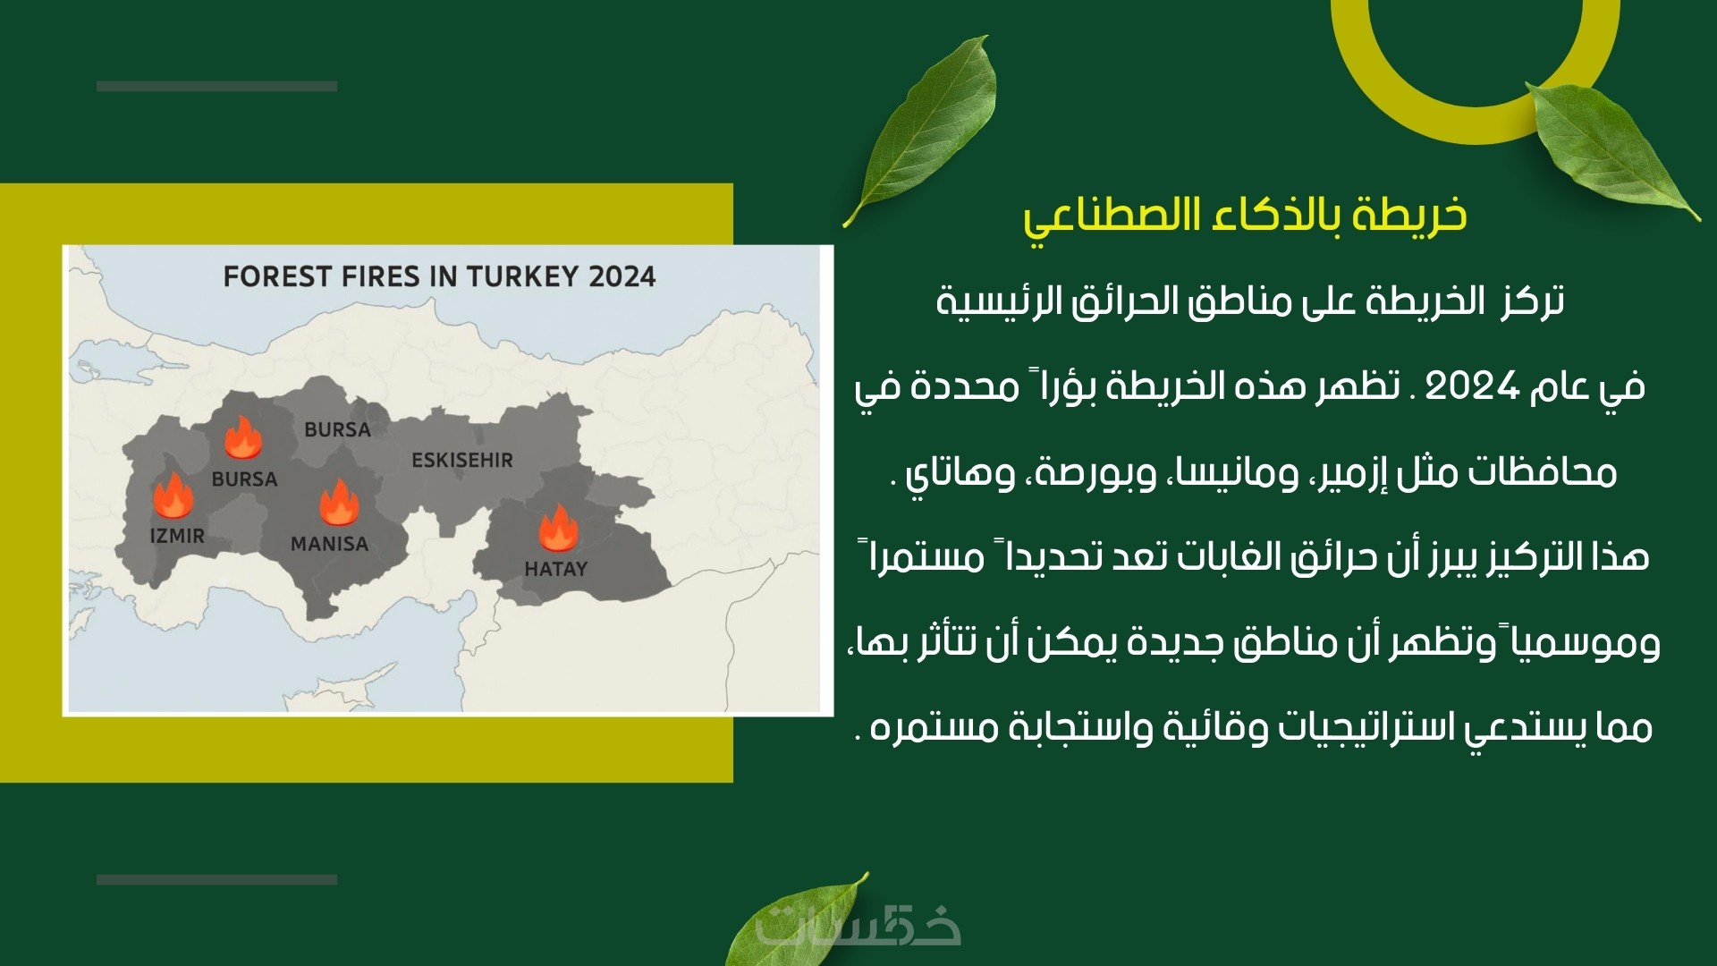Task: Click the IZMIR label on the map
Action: click(x=177, y=536)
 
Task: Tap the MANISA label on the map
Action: click(x=329, y=544)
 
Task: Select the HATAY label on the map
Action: click(x=555, y=569)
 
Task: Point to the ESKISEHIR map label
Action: click(x=462, y=461)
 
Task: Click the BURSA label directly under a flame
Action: click(x=244, y=479)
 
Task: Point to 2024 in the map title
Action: click(x=622, y=276)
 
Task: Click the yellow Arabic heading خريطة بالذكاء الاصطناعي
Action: click(x=1246, y=216)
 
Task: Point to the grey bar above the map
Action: click(x=216, y=87)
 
